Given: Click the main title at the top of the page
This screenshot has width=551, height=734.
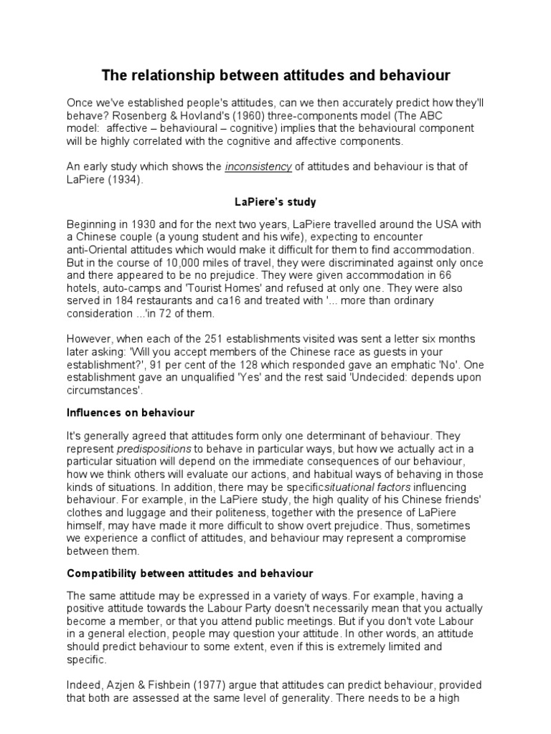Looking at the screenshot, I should [275, 75].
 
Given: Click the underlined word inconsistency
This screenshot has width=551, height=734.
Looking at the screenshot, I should [258, 167].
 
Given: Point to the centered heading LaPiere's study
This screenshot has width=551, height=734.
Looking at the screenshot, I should [275, 203].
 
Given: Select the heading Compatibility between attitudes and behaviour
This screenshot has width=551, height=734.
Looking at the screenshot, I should [190, 574].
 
